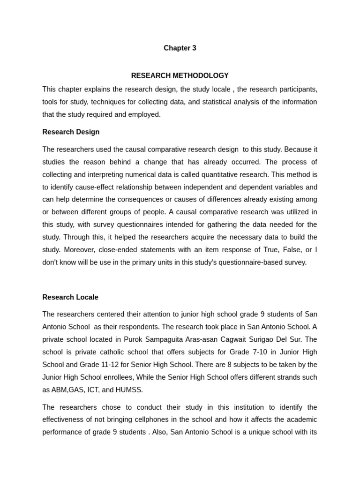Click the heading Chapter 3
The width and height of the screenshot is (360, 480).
pyautogui.click(x=180, y=48)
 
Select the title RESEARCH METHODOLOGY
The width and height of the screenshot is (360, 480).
pyautogui.click(x=180, y=75)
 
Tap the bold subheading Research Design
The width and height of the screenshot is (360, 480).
pyautogui.click(x=71, y=132)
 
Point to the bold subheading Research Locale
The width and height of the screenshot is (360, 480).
pyautogui.click(x=70, y=297)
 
